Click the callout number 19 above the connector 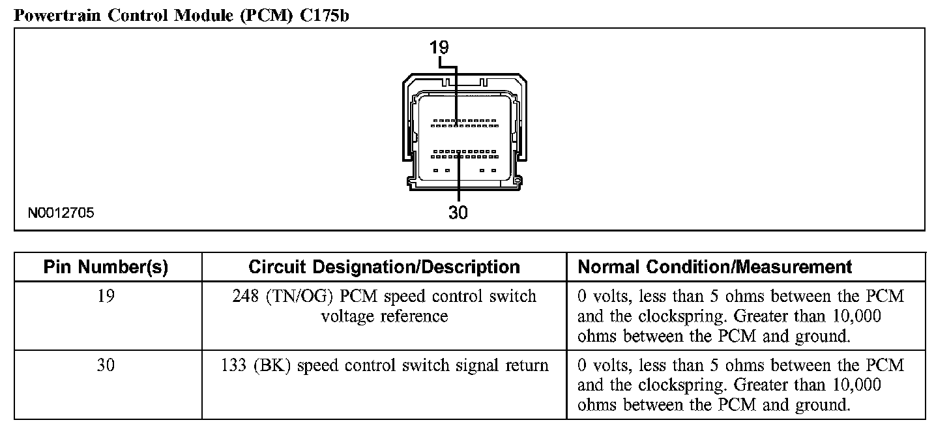pyautogui.click(x=439, y=48)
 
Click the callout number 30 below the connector pyautogui.click(x=458, y=213)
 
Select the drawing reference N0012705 pyautogui.click(x=61, y=213)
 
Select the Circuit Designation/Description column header pyautogui.click(x=384, y=267)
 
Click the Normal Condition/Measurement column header pyautogui.click(x=715, y=267)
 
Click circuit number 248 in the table pyautogui.click(x=245, y=297)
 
